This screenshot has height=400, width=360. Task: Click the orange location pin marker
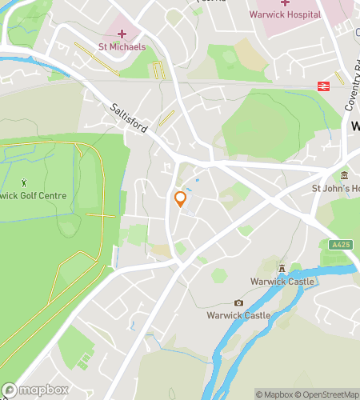coord(180,199)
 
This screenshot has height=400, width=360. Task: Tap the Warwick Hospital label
coord(285,14)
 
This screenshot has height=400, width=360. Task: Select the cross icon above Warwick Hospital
coord(285,2)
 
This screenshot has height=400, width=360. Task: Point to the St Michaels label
coord(122,46)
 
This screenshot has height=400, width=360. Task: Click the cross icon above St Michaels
coord(122,34)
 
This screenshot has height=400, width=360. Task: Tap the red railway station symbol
coord(326,84)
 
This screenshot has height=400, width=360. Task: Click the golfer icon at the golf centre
coord(24,182)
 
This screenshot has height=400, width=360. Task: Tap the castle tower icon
coord(282,269)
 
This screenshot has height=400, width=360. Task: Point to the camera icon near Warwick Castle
coord(238,302)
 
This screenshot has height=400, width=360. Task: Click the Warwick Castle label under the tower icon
coord(282,282)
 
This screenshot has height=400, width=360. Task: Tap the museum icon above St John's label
coord(344,175)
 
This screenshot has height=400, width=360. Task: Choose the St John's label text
coord(335,188)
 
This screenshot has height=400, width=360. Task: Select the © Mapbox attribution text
coord(274,394)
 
